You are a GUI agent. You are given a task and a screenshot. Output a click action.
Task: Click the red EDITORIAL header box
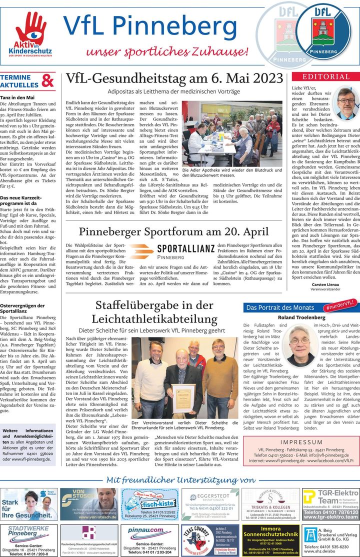click(325, 76)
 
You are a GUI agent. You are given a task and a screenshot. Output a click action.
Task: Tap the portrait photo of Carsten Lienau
click(346, 103)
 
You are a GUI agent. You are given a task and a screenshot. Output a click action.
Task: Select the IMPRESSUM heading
click(301, 442)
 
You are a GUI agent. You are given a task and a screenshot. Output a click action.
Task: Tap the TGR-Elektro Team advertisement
click(330, 503)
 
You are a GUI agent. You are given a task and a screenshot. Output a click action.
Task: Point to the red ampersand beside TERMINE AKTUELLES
click(48, 81)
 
